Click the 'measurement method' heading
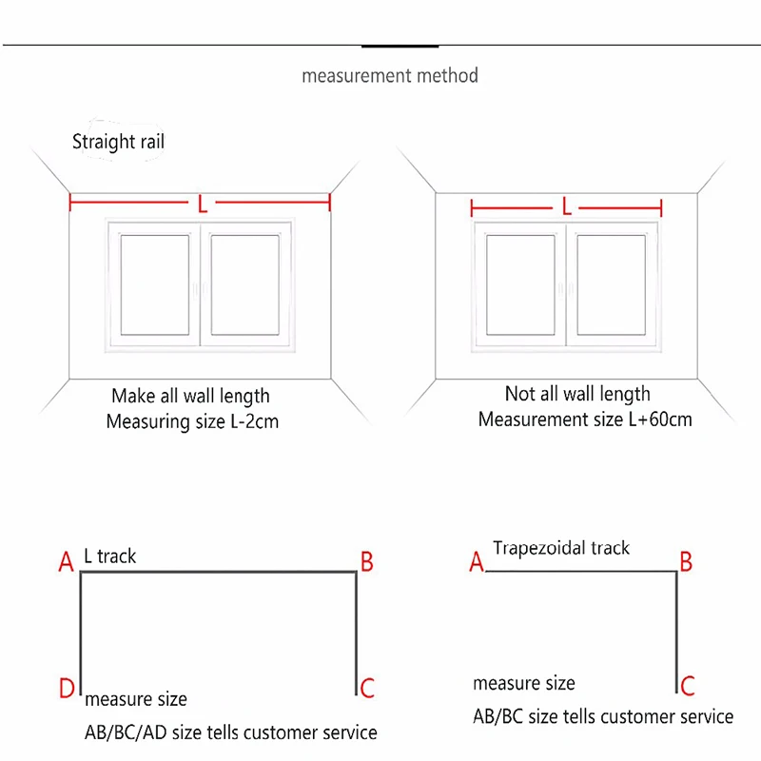pos(390,75)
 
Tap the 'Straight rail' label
pos(119,142)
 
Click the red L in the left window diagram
pos(201,204)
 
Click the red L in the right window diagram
pos(567,206)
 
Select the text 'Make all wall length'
pos(190,396)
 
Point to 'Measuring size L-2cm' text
pos(192,420)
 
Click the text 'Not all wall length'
pos(577,394)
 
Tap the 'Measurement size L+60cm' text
pos(584,419)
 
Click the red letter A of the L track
pos(66,564)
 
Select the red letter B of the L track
pos(366,562)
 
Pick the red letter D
pos(67,688)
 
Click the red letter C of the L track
pos(367,688)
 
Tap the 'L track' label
pos(110,556)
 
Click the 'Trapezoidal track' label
pos(561,548)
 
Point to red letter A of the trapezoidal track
pos(477,563)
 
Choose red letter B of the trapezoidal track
pos(685,561)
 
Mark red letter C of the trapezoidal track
pos(688,685)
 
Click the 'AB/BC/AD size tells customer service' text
pos(231,732)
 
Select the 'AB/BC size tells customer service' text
pos(603,716)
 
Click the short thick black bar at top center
pos(400,45)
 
